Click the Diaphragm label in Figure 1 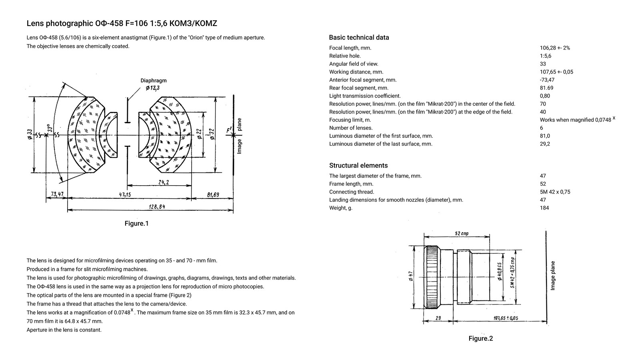click(x=153, y=80)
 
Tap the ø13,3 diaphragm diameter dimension click(x=152, y=88)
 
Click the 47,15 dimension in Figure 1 click(x=125, y=195)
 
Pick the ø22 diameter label click(x=199, y=134)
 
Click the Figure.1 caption click(x=136, y=223)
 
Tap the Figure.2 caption click(x=480, y=339)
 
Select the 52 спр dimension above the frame click(x=462, y=234)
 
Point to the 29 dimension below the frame click(x=438, y=318)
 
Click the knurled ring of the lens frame click(x=432, y=277)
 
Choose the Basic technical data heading click(x=359, y=38)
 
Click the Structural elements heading click(x=358, y=166)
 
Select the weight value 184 click(x=544, y=208)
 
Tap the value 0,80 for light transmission click(x=545, y=96)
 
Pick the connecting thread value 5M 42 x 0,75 click(x=555, y=192)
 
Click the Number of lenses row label click(x=350, y=128)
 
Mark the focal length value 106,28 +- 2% click(x=555, y=48)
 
